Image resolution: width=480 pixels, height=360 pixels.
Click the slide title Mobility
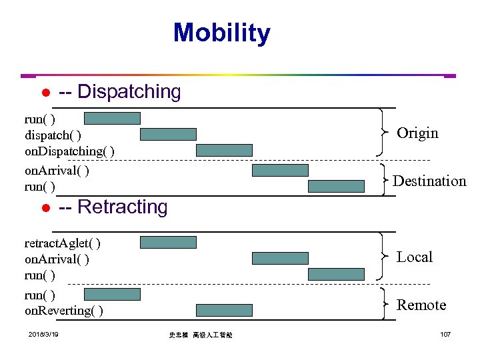click(221, 33)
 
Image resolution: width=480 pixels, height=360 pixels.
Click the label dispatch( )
click(53, 135)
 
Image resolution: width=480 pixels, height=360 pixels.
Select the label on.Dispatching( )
click(69, 151)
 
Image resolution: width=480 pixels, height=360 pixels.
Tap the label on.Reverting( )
click(63, 311)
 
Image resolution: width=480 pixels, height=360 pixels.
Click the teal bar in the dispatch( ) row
click(168, 134)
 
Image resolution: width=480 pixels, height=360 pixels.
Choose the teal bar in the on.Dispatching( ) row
click(224, 150)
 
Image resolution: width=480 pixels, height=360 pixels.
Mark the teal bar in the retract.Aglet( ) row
click(168, 242)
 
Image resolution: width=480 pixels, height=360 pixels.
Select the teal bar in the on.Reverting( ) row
click(224, 310)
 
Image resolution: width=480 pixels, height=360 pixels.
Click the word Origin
click(417, 133)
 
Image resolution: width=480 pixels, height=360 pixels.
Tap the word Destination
click(429, 181)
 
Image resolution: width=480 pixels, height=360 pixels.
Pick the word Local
click(415, 257)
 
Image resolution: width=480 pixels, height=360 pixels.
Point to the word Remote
click(421, 305)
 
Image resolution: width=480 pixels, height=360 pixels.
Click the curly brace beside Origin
click(381, 133)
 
